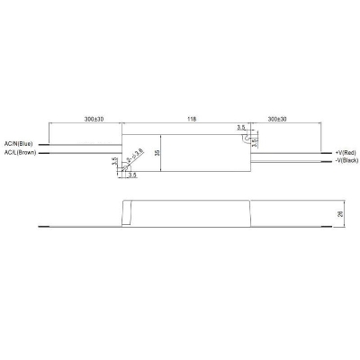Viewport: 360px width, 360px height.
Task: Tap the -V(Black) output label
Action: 346,162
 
